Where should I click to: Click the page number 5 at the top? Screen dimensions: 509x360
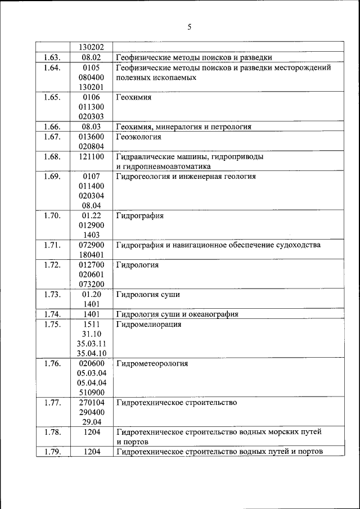tap(190, 26)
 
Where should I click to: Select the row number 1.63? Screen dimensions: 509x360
tap(52, 57)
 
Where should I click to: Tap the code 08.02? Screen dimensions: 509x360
tap(91, 57)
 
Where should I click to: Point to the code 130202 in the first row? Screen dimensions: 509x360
tap(91, 47)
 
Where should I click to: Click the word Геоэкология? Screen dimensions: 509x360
tap(139, 137)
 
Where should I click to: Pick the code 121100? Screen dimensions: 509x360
tap(91, 157)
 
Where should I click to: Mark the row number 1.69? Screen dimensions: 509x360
tap(52, 177)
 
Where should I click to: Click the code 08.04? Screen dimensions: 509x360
tap(91, 206)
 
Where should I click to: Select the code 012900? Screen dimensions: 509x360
tap(91, 225)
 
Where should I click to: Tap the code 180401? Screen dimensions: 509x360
tap(91, 255)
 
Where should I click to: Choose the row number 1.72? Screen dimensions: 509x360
tap(52, 265)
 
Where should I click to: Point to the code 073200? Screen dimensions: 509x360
tap(91, 284)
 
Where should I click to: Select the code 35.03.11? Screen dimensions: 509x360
tap(91, 343)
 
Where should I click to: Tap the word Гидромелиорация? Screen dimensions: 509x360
tap(148, 325)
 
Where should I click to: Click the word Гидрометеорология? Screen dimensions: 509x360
tap(152, 363)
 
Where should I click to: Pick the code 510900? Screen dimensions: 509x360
tap(91, 393)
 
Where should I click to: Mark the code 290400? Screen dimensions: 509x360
tap(91, 412)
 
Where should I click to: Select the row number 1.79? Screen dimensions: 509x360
tap(52, 452)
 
